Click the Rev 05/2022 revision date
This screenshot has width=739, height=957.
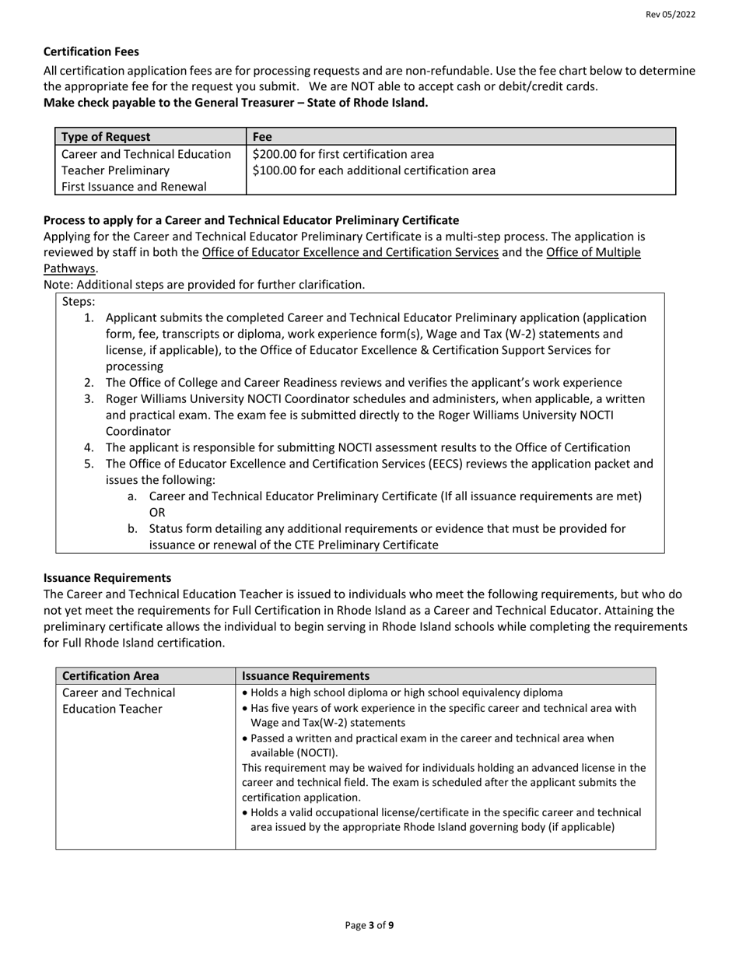tap(670, 15)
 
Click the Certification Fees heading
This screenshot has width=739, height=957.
tap(91, 51)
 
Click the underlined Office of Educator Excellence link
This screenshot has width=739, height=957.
tap(349, 252)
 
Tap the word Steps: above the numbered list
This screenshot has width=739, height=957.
tap(79, 301)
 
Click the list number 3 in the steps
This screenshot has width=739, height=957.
tap(89, 399)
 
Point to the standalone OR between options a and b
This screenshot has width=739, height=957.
tap(157, 513)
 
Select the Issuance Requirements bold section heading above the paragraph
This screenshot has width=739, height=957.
tap(107, 577)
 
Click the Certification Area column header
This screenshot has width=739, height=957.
tap(110, 676)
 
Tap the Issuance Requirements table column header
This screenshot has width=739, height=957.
tap(306, 676)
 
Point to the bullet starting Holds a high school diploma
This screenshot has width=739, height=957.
tap(402, 692)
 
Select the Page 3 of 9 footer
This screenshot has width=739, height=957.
tap(369, 926)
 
